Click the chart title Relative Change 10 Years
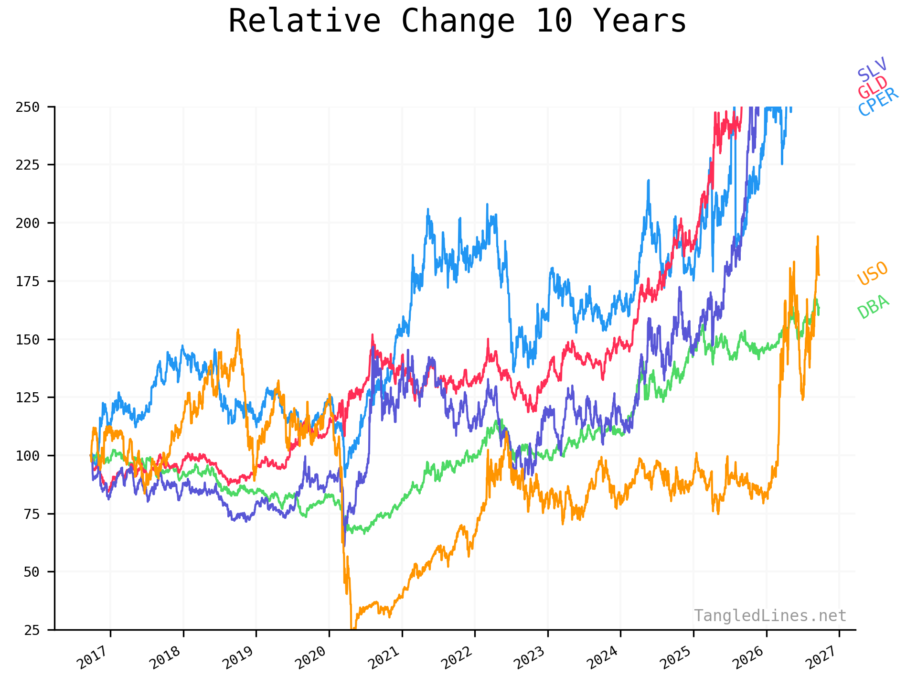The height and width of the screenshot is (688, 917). point(457,21)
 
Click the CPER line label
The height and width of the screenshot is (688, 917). point(878,102)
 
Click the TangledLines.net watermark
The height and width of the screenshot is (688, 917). point(770,616)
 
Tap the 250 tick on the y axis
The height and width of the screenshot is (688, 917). point(27,107)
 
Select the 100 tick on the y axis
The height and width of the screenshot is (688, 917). point(27,455)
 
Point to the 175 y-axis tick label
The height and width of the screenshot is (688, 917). point(27,281)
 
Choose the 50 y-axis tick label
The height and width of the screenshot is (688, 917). point(32,571)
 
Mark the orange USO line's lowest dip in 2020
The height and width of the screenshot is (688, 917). point(352,629)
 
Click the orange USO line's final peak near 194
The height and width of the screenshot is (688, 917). point(818,236)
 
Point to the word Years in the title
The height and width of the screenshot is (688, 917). point(639,21)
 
